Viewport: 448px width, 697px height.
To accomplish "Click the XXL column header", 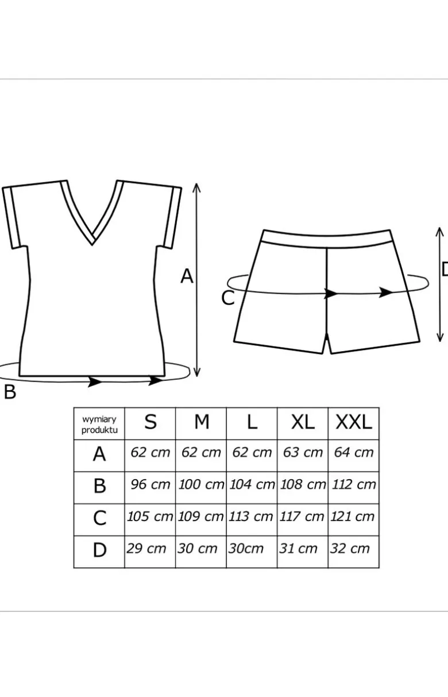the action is click(x=354, y=422).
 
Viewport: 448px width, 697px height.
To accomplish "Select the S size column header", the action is click(x=150, y=422).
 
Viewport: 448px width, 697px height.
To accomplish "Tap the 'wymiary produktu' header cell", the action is click(x=99, y=424).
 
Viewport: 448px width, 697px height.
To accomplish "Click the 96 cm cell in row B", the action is click(x=150, y=484).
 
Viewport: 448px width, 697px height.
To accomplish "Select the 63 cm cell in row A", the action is click(x=303, y=452).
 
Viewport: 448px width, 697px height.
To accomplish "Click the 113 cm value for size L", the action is click(x=251, y=517).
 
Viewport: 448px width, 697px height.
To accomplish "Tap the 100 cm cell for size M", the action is click(x=201, y=484).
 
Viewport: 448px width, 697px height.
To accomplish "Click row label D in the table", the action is click(x=99, y=550).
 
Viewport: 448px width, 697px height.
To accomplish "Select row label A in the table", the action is click(x=99, y=454).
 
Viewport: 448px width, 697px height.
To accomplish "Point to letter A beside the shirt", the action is click(x=187, y=276).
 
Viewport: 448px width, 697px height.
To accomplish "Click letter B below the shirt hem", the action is click(x=10, y=392).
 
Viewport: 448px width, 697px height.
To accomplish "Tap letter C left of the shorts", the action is click(x=227, y=298).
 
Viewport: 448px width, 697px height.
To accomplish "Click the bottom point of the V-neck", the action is click(x=92, y=245).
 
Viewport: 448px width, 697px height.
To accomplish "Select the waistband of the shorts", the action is click(x=326, y=238).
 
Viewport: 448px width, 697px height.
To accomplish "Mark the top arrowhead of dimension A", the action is click(x=196, y=187).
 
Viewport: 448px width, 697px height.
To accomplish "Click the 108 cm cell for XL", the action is click(x=303, y=484).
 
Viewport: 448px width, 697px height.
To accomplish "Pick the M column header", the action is click(x=202, y=422).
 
